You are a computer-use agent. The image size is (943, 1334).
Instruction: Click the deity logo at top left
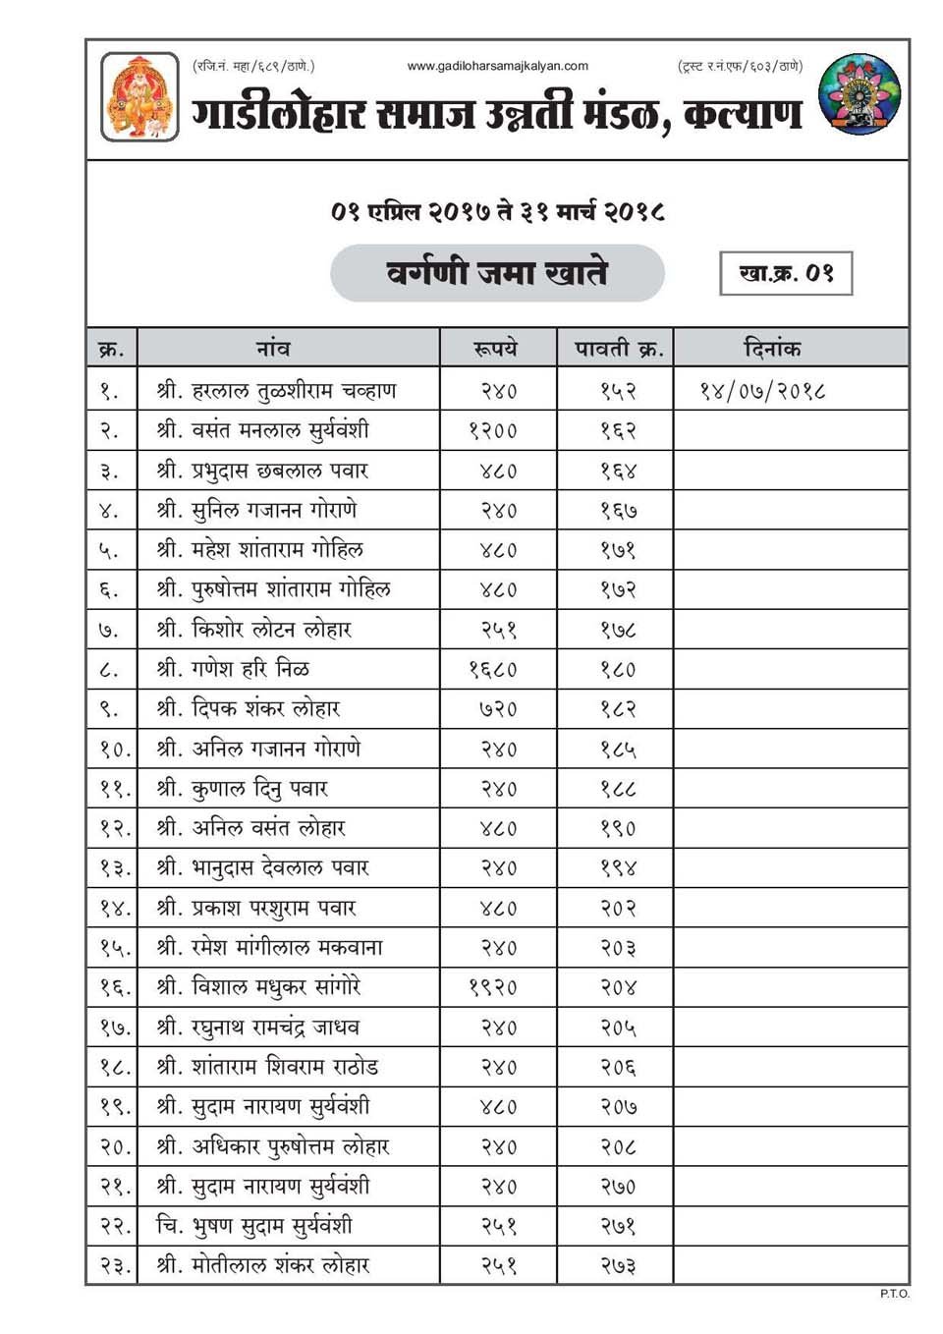point(139,96)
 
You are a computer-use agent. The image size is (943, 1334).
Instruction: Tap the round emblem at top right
point(860,94)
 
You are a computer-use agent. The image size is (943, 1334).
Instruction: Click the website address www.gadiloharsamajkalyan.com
point(497,66)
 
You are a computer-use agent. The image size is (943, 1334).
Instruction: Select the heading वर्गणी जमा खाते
point(497,272)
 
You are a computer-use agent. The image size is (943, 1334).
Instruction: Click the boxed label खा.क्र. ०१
point(786,273)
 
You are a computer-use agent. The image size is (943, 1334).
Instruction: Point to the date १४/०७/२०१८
point(762,391)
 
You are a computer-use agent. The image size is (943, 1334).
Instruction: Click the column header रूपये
point(496,349)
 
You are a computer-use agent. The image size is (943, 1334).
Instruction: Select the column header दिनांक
point(772,349)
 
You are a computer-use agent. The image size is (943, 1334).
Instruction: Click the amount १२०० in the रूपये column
point(493,430)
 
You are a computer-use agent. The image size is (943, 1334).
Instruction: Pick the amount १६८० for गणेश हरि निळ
point(493,670)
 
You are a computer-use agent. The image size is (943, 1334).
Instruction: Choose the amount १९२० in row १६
point(493,987)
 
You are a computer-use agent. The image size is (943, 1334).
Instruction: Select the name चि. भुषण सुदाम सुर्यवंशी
point(253,1226)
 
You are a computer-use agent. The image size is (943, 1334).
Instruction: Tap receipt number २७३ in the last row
point(619,1266)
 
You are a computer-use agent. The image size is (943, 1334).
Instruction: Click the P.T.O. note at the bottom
point(894,1294)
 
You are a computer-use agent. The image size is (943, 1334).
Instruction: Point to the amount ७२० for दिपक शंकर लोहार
point(498,709)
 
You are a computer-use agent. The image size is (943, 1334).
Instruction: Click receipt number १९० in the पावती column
point(619,828)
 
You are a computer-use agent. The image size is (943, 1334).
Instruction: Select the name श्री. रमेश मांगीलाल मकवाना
point(269,948)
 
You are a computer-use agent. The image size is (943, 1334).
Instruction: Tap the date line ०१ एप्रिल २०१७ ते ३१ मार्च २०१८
point(497,211)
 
